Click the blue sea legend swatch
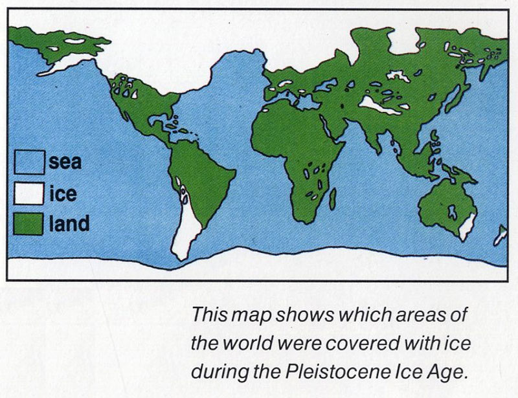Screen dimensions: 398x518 click(x=29, y=162)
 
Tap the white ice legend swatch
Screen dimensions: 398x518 click(x=29, y=192)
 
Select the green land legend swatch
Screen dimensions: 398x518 click(x=29, y=223)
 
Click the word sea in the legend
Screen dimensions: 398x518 click(x=65, y=162)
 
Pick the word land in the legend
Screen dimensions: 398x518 click(x=69, y=223)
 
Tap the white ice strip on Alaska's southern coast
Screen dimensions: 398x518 click(x=65, y=64)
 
